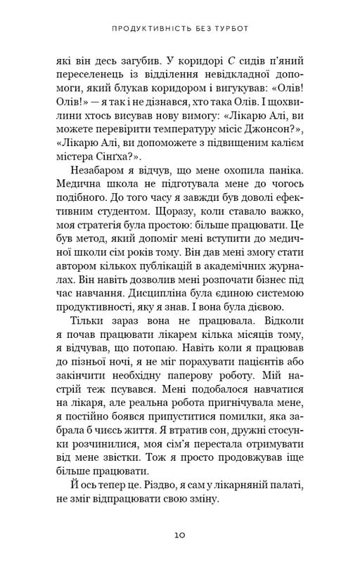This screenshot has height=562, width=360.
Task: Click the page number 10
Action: click(180, 535)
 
